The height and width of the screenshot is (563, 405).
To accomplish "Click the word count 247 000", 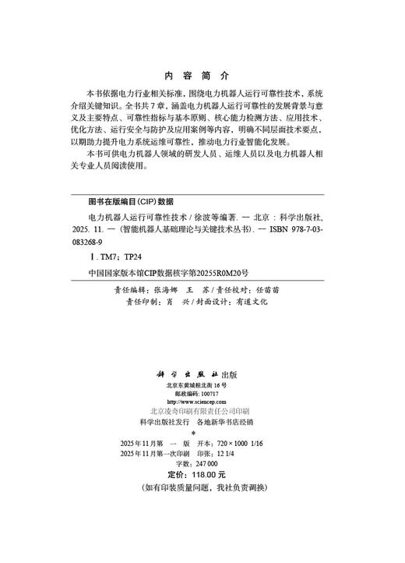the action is coord(212,463).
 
